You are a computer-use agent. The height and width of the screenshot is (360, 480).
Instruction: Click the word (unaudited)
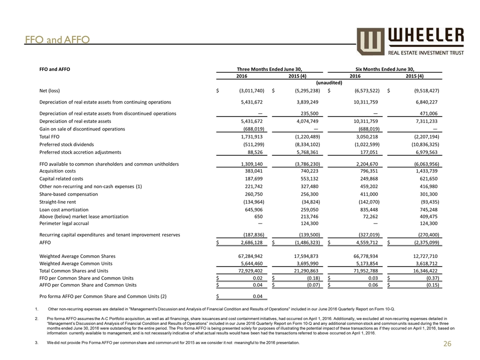pyautogui.click(x=328, y=82)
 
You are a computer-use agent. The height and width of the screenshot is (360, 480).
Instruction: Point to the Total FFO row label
pyautogui.click(x=50, y=136)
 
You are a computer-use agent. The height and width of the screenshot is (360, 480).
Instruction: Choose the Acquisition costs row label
pyautogui.click(x=57, y=170)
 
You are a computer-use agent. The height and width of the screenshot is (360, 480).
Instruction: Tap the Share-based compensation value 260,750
pyautogui.click(x=250, y=193)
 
